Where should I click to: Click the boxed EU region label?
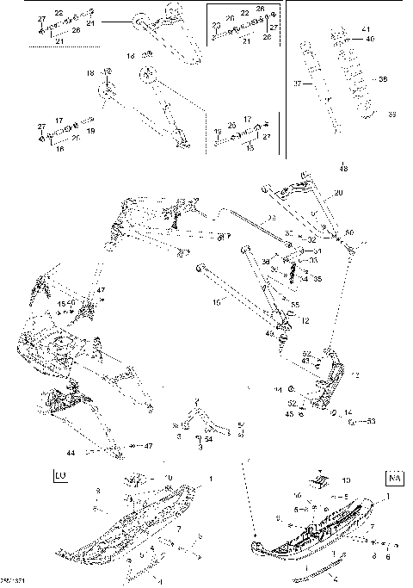(x=59, y=474)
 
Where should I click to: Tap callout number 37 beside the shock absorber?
(x=298, y=84)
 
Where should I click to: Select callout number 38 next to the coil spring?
(x=384, y=80)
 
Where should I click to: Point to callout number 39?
(x=392, y=114)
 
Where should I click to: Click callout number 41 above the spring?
(x=369, y=30)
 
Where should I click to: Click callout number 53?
(x=372, y=421)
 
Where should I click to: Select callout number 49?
(x=269, y=333)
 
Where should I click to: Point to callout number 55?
(x=295, y=306)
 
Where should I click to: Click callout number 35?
(x=317, y=280)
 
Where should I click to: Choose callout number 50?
(x=348, y=232)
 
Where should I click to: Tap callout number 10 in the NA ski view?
(x=347, y=480)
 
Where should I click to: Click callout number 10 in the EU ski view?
(x=169, y=477)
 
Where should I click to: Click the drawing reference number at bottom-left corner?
(x=10, y=583)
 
